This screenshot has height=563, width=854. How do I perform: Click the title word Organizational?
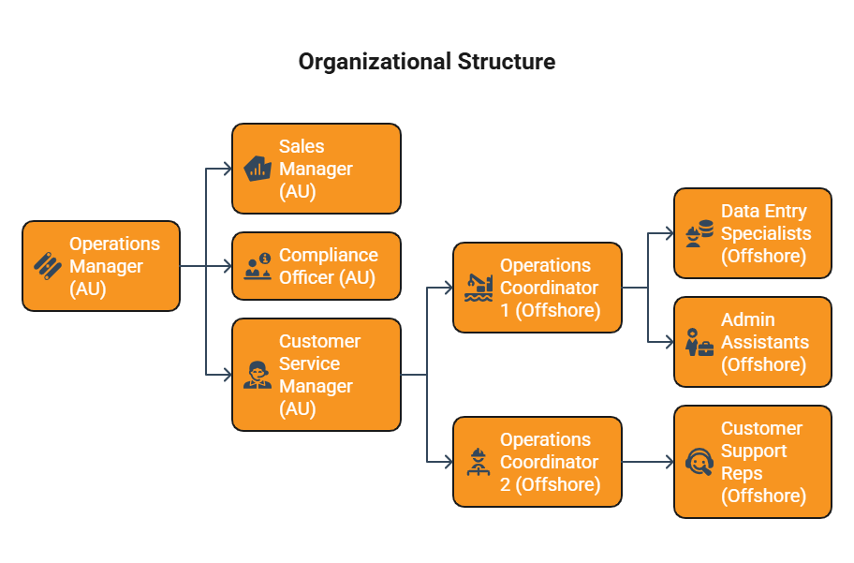(375, 62)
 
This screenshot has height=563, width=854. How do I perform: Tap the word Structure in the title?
(507, 62)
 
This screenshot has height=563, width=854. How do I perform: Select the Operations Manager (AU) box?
(101, 266)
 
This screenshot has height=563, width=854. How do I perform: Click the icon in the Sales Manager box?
(258, 169)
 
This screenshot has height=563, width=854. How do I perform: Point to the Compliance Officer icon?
(258, 266)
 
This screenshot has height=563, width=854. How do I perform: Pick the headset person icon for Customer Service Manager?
(258, 375)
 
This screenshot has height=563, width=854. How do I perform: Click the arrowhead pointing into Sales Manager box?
(228, 169)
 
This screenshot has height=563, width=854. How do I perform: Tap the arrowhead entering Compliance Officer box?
(228, 266)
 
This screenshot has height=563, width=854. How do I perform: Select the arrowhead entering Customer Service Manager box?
(228, 375)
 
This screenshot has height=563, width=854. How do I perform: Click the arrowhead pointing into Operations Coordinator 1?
(449, 288)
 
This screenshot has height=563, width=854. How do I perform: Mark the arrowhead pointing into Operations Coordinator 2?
(449, 462)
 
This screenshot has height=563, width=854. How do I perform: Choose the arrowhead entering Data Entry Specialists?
(670, 234)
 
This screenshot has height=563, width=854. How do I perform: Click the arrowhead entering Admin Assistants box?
(670, 342)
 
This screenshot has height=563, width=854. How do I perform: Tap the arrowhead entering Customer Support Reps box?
(670, 462)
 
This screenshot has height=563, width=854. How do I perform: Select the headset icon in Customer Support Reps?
(699, 462)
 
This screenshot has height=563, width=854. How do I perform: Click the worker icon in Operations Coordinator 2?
(479, 462)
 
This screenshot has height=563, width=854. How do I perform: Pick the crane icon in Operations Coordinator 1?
(479, 288)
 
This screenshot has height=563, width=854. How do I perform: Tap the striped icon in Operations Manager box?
(48, 266)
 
